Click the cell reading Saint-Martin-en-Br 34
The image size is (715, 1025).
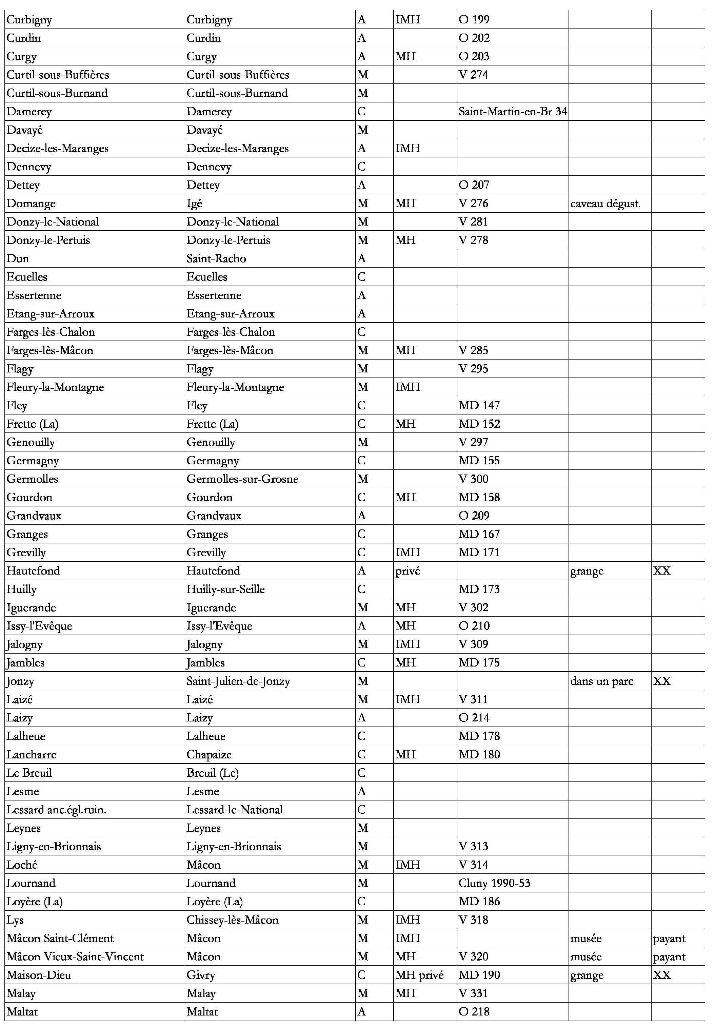coord(512,112)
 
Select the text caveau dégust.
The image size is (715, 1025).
coord(605,204)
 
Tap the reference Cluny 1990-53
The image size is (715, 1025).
coord(494,883)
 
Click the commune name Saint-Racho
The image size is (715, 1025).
coord(216,258)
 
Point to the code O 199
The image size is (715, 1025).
coord(474,20)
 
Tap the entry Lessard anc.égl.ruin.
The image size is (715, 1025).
coord(56,809)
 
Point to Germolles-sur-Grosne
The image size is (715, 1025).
coord(242,479)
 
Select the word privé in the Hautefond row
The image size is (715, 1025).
coord(408,570)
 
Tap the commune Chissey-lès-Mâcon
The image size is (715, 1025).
coord(232,920)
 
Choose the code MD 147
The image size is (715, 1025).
coord(479,405)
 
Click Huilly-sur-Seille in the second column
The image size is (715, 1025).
coord(225,589)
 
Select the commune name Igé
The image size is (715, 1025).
coord(194,204)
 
